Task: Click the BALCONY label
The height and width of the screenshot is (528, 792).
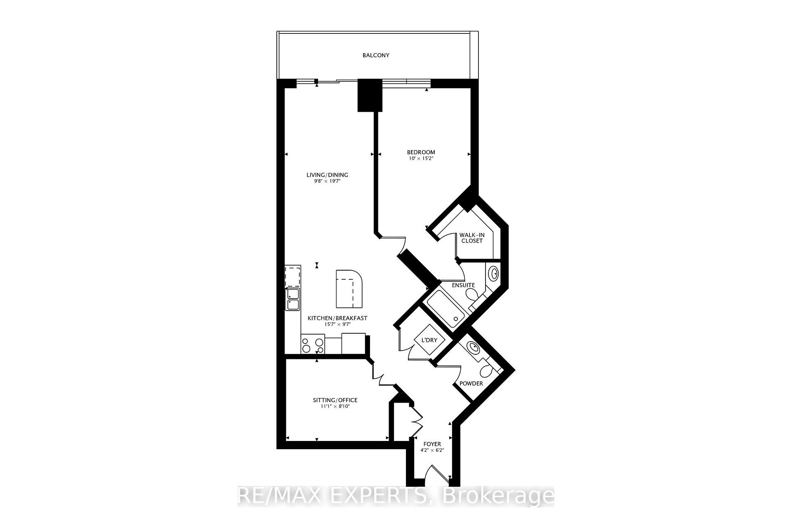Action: click(376, 55)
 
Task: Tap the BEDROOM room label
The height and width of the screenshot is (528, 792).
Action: click(421, 152)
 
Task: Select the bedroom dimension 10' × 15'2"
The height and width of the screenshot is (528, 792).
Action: click(421, 158)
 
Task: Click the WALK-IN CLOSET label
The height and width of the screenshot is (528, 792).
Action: click(472, 238)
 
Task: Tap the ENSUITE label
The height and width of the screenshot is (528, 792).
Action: click(463, 285)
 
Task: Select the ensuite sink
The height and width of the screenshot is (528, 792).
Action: click(493, 273)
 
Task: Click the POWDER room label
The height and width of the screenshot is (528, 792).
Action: click(471, 384)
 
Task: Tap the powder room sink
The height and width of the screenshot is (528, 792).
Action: click(473, 348)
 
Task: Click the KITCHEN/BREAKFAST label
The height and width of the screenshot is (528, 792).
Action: click(337, 318)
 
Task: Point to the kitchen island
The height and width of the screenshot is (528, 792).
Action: click(349, 289)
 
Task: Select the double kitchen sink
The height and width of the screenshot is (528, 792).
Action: click(293, 299)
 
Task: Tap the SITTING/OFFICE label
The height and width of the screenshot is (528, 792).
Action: click(335, 400)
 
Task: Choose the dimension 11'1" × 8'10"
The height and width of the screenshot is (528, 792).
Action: click(335, 406)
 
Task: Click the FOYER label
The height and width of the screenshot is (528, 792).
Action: click(432, 444)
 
